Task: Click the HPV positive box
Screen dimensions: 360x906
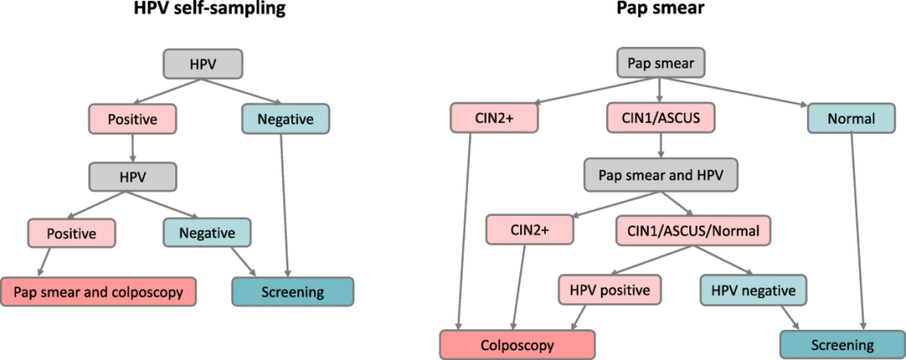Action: coord(610,289)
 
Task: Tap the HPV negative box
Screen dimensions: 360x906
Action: coord(754,289)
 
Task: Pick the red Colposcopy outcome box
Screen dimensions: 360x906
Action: coord(518,344)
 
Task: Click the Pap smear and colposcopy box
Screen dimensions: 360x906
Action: coord(99,291)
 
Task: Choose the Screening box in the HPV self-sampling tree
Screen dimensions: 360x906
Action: coord(292,291)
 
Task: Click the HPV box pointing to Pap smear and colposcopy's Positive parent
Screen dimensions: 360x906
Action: coord(133,175)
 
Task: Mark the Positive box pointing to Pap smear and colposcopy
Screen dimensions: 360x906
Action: coord(70,234)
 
